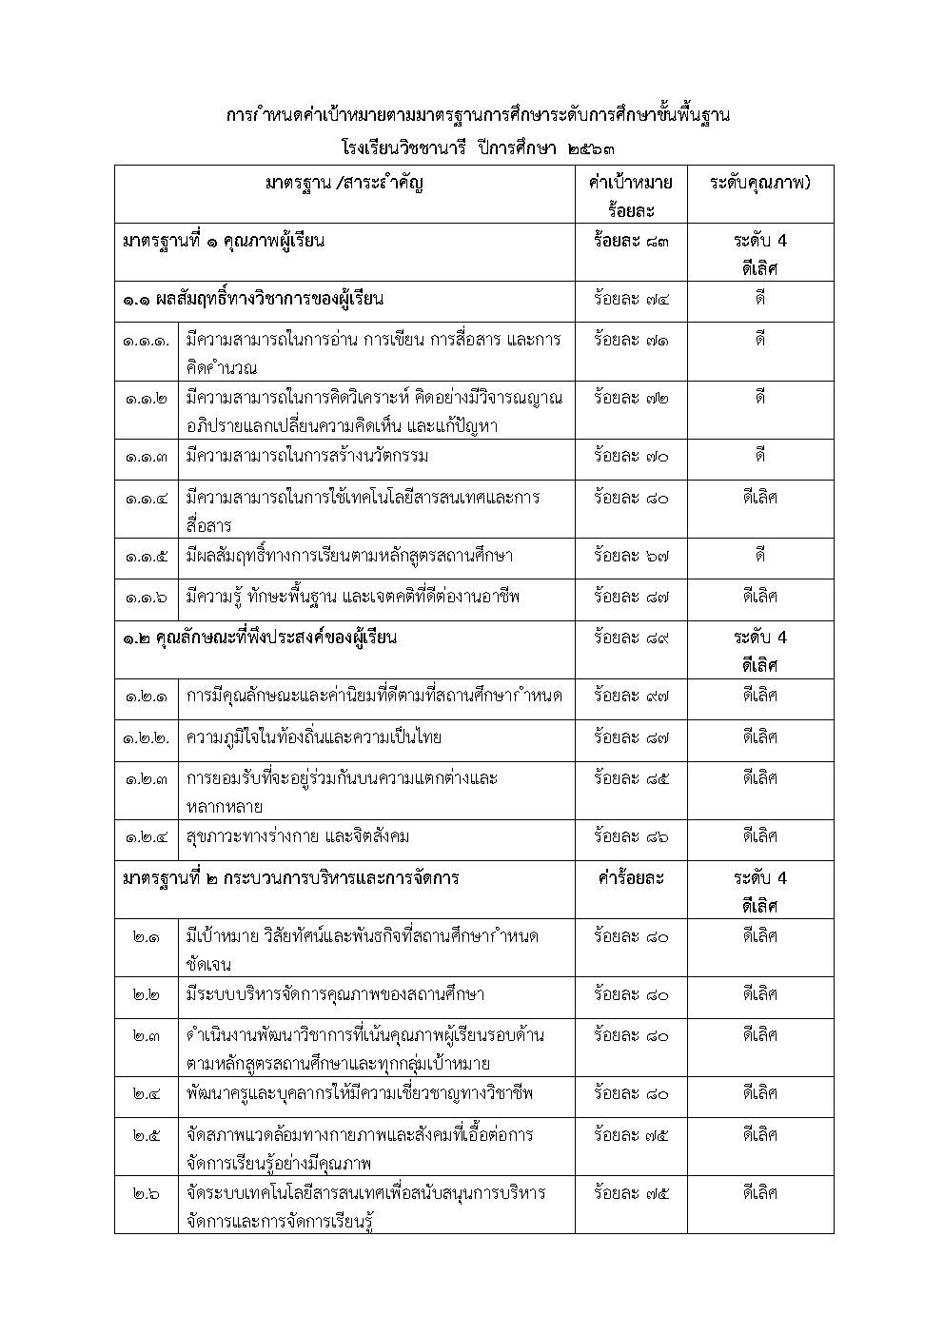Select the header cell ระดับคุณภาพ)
759,183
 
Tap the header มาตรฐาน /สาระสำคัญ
344,183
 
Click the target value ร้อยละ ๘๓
631,241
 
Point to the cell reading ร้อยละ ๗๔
631,300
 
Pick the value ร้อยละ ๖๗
631,556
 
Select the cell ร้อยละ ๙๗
631,697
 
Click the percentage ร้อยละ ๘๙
631,638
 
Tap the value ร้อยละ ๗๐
631,457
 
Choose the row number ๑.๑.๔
146,498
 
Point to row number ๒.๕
146,1135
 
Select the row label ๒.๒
146,995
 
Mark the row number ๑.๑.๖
146,598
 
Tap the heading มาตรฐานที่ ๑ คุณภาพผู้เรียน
224,241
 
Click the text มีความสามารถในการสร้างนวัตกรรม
307,457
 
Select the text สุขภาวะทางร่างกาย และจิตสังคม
298,837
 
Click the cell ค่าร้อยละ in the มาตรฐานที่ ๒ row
631,878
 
